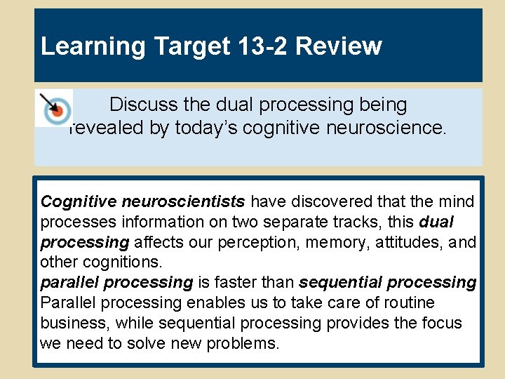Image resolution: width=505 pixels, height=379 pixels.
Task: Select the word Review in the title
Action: coord(339,46)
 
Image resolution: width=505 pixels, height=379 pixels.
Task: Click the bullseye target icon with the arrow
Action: coord(53,107)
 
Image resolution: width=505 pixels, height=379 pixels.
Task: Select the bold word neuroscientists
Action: coord(183,202)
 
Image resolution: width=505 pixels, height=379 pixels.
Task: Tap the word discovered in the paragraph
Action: coord(318,202)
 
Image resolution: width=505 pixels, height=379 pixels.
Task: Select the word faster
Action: coord(236,283)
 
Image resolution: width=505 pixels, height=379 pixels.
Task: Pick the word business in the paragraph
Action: coord(74,324)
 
